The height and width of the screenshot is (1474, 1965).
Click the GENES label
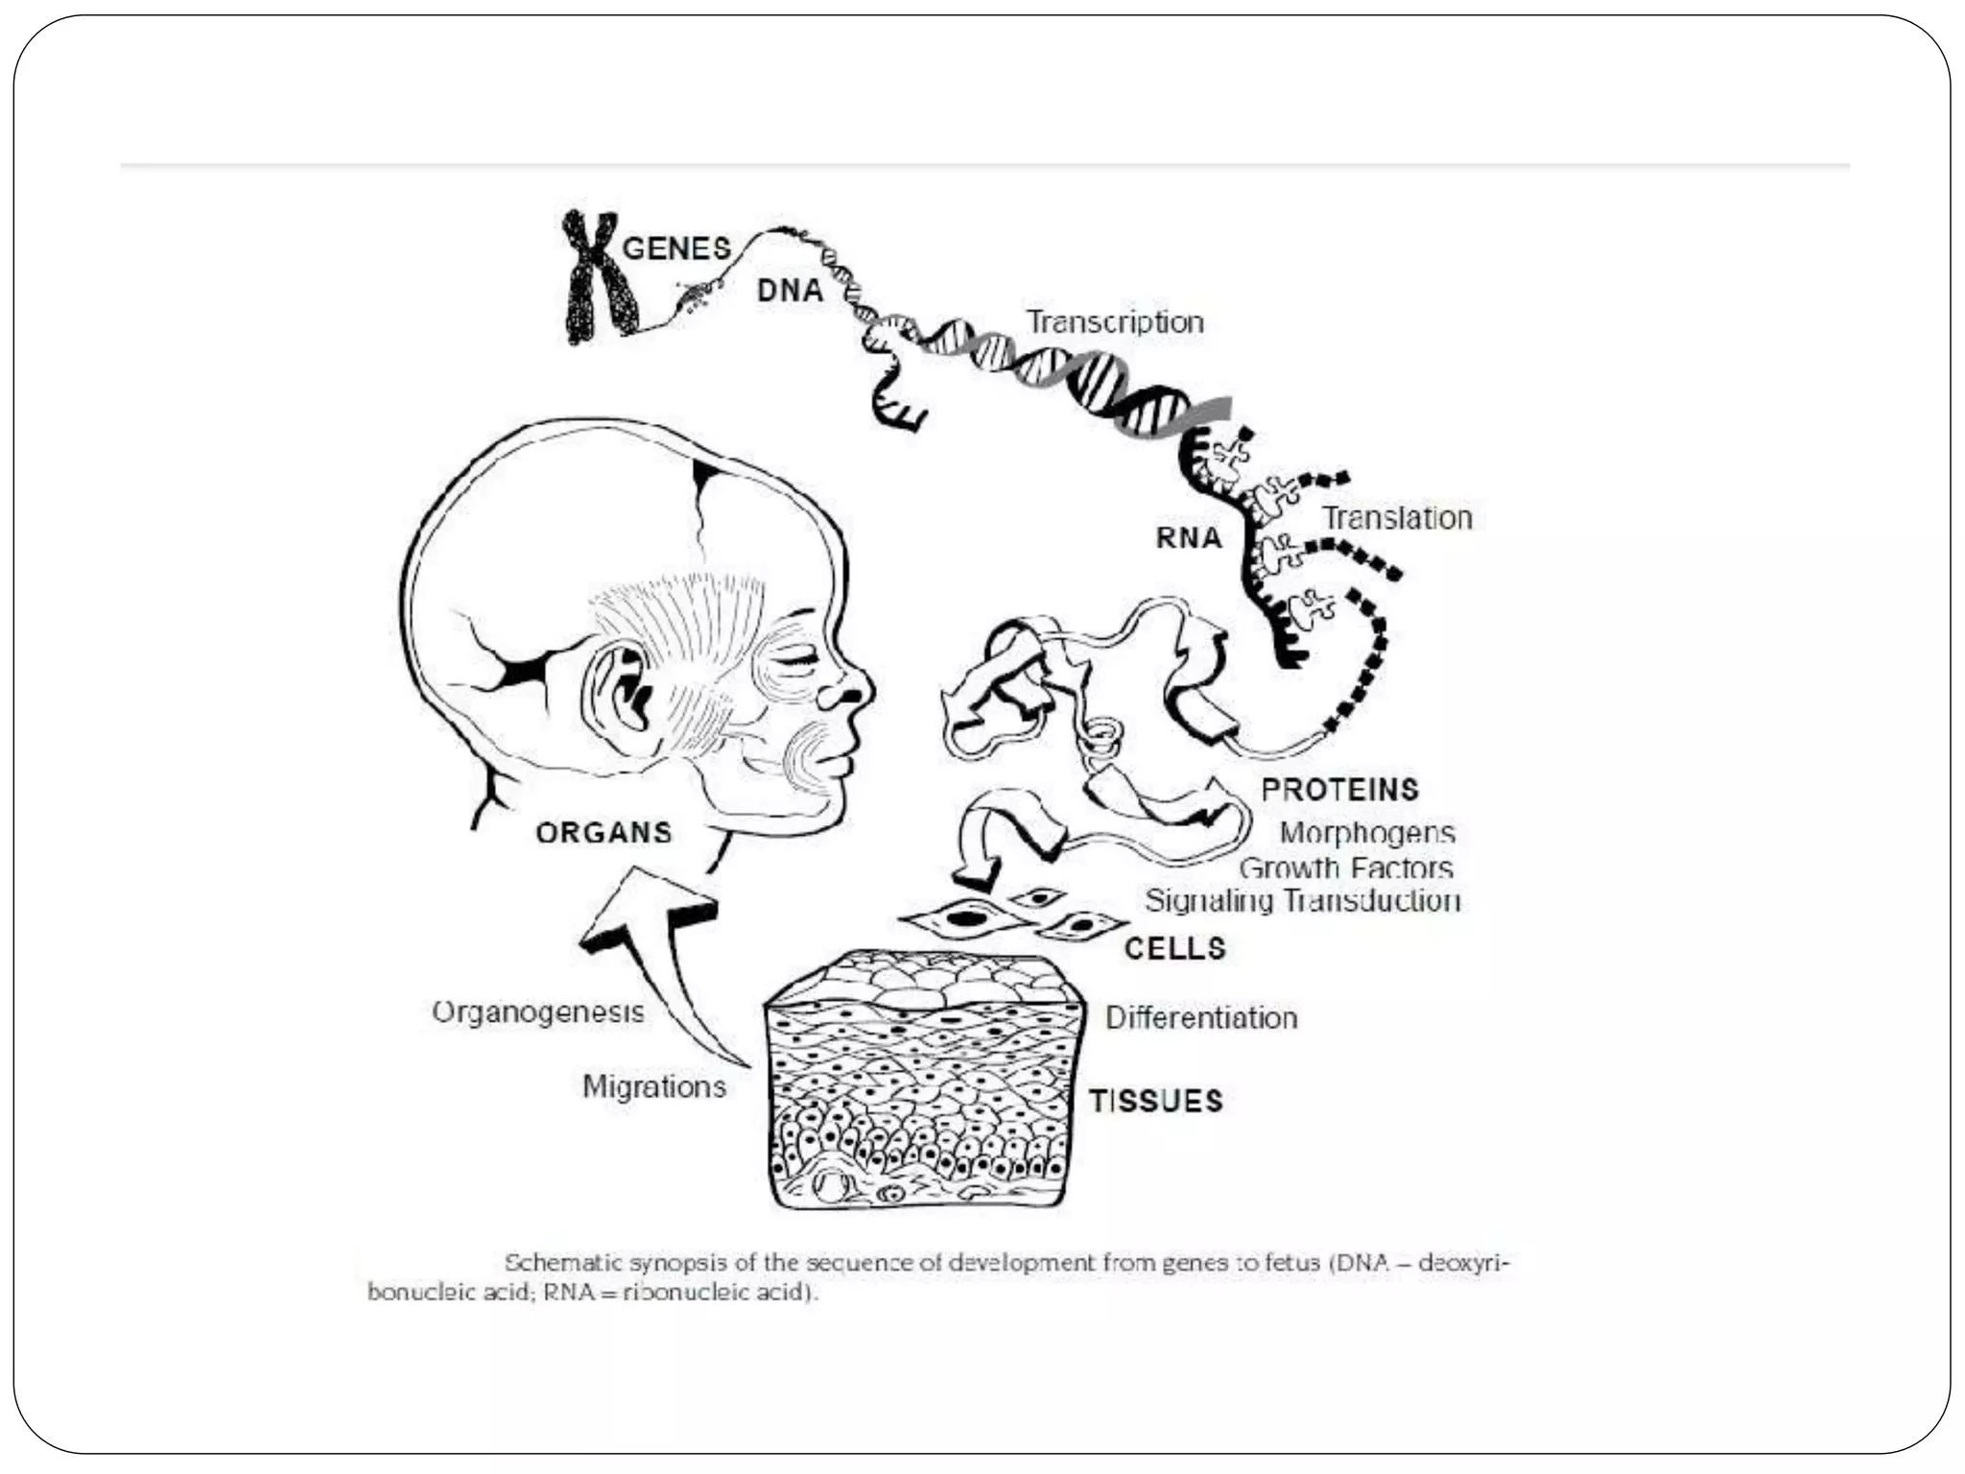click(676, 249)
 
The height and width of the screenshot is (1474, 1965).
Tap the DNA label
click(790, 291)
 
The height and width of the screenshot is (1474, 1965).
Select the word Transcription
click(1115, 321)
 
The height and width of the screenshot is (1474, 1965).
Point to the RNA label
click(1189, 538)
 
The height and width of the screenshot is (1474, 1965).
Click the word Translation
click(1397, 518)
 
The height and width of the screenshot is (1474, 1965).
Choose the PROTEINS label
click(1339, 790)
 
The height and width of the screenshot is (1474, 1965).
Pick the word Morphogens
click(1367, 832)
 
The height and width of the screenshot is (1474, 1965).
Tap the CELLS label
click(1175, 948)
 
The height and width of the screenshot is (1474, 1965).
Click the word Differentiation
click(1201, 1017)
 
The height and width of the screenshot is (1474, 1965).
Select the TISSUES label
click(1155, 1101)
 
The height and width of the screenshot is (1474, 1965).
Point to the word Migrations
click(654, 1086)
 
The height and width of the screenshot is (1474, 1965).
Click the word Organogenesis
click(538, 1011)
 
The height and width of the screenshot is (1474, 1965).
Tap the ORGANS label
click(604, 832)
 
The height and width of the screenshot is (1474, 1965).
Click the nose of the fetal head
click(853, 687)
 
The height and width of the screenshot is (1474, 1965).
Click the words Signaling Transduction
click(1302, 900)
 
